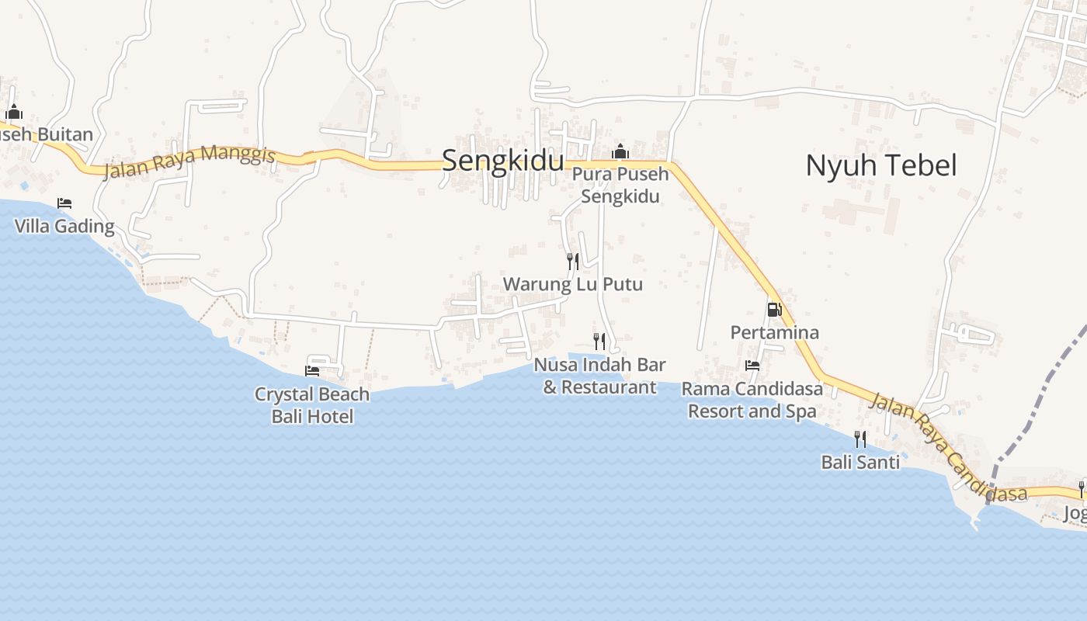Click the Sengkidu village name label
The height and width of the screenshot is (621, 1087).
pos(502,161)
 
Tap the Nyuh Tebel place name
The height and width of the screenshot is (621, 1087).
pos(880,165)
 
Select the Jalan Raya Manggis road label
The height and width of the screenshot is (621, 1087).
pos(189,161)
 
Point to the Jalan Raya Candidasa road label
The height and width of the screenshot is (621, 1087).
pos(947,447)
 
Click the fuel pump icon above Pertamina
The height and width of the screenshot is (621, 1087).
pos(773,310)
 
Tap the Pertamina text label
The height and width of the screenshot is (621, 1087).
pos(774,332)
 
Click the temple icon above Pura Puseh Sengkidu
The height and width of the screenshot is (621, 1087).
pos(620,151)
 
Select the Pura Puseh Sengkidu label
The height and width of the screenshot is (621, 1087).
pos(620,185)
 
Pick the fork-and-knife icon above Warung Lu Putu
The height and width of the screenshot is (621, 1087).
pos(573,261)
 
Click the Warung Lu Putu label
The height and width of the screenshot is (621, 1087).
pos(573,284)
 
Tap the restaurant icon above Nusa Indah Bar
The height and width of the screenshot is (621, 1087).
pos(599,341)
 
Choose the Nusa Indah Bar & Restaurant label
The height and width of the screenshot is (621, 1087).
pos(599,376)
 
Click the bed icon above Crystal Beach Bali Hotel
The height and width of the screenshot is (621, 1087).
pos(312,371)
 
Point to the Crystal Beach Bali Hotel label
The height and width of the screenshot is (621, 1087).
pos(312,405)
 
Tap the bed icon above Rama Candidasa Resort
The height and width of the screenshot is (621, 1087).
pos(752,365)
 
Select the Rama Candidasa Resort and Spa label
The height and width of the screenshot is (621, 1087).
pos(752,400)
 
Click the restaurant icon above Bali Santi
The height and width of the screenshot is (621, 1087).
pos(860,439)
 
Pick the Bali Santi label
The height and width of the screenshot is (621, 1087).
pos(860,463)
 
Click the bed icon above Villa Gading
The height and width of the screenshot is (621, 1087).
pos(64,203)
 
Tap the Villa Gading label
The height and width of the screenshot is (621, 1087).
pos(64,227)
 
